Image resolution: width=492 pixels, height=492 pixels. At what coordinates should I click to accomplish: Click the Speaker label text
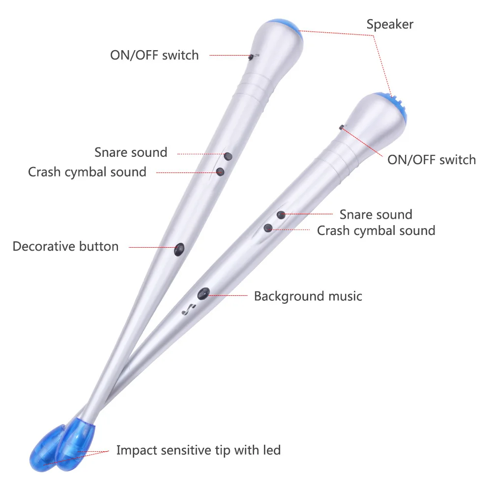click(390, 25)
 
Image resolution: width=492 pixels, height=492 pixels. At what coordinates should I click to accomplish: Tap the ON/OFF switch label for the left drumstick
click(154, 55)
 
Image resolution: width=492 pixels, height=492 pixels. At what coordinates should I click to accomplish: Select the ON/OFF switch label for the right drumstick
click(432, 160)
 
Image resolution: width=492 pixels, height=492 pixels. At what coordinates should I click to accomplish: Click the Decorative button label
click(65, 246)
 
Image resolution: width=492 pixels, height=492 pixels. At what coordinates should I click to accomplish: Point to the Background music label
click(308, 296)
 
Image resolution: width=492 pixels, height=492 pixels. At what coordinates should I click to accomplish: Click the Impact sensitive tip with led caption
click(198, 450)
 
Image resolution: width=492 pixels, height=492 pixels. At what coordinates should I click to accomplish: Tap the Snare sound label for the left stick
click(131, 152)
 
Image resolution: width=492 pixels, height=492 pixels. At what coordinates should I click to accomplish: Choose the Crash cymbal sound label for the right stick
click(376, 231)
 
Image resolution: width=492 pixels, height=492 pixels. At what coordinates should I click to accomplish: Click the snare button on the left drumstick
click(228, 156)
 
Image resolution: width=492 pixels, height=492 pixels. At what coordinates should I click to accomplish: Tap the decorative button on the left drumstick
click(179, 249)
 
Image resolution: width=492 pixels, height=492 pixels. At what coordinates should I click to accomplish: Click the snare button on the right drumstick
click(281, 215)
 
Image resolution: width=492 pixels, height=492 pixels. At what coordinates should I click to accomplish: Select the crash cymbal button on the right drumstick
click(268, 228)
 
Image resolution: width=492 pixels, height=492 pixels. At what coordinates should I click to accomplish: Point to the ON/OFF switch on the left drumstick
click(251, 57)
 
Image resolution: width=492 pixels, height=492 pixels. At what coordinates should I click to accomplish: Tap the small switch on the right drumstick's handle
click(341, 127)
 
